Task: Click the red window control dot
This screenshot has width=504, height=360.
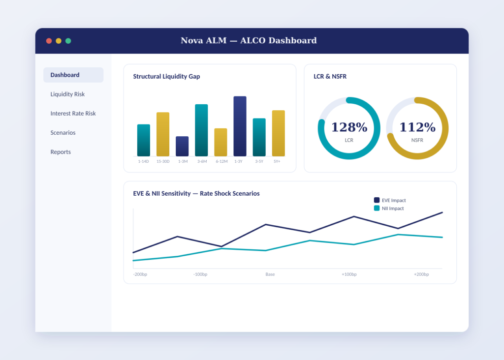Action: pos(49,41)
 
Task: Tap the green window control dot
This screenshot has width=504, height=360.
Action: pos(68,41)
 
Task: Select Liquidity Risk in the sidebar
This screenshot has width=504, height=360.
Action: pos(67,94)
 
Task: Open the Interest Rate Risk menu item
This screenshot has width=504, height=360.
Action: pos(73,114)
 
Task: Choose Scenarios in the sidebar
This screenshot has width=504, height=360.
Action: pos(63,133)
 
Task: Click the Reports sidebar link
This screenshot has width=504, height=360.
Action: pos(61,152)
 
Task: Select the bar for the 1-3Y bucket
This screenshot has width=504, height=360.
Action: pos(240,126)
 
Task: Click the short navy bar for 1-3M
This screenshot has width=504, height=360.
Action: pos(182,147)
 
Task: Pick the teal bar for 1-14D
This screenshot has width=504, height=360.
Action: pos(144,140)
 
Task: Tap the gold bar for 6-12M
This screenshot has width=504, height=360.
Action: pos(221,142)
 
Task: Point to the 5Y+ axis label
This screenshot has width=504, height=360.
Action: pos(277,161)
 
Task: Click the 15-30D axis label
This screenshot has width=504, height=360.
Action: pos(163,161)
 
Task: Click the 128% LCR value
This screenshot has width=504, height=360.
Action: pos(349,127)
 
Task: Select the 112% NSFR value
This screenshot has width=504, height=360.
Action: pos(417,127)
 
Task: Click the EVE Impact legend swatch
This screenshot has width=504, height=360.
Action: pos(377,200)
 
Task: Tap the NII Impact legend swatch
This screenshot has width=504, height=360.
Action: pos(377,208)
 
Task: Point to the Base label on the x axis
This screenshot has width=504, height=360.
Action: pos(270,274)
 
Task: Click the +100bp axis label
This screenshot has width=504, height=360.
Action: pos(349,274)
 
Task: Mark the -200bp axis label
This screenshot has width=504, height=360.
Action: pos(140,274)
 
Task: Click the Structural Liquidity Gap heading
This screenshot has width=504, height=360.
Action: pos(166,76)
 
